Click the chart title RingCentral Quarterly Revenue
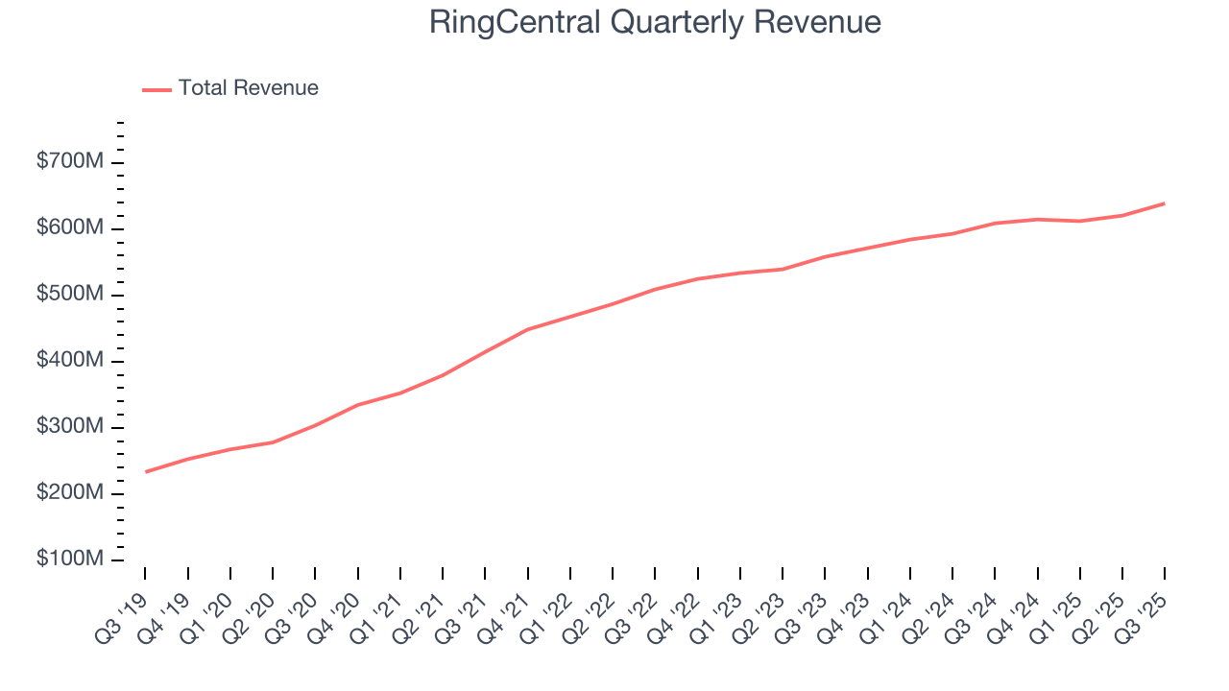pos(655,23)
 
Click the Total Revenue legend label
pos(248,88)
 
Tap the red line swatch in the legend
pos(157,89)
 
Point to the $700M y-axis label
pos(69,162)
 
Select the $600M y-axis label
pos(69,228)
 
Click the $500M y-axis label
pos(69,295)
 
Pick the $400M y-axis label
pos(69,361)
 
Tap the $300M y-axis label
pos(69,427)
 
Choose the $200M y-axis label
pos(69,493)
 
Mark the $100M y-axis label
pos(69,560)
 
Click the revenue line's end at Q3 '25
pos(1165,203)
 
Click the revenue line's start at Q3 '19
pos(146,471)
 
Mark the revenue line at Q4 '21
pos(528,329)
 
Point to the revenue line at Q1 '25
pos(1080,222)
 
